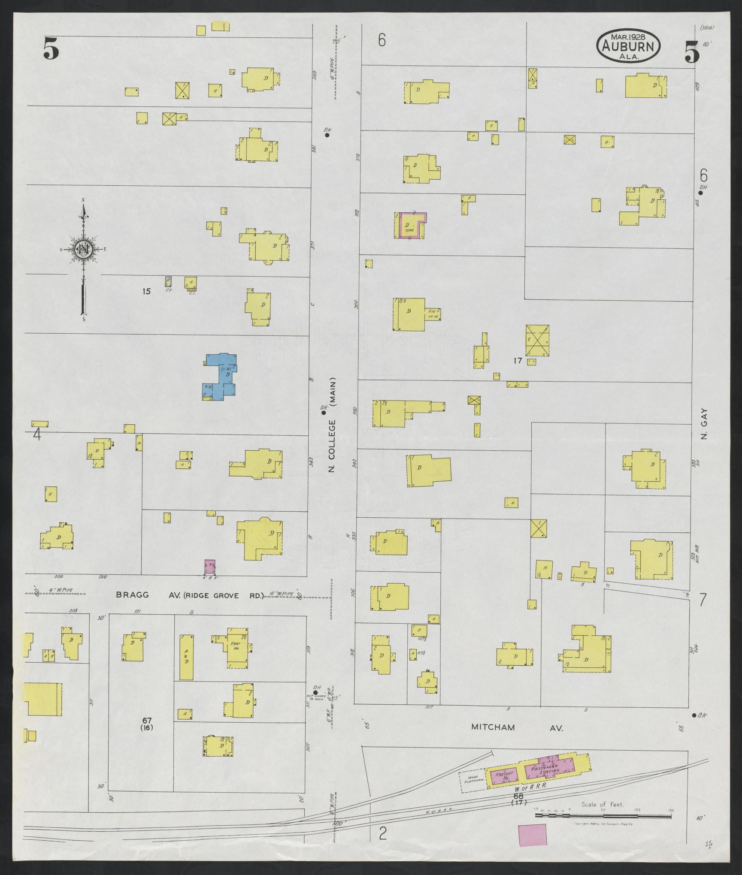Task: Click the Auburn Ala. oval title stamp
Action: point(628,46)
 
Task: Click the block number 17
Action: point(518,361)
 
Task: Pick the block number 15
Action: point(147,292)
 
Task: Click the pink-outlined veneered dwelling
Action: point(411,225)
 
